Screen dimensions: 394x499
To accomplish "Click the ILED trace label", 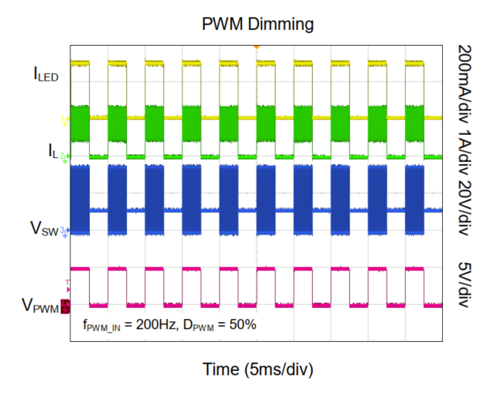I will click(x=45, y=75).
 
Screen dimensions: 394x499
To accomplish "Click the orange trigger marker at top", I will click(x=256, y=48).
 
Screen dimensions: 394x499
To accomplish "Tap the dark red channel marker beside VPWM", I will click(x=66, y=305).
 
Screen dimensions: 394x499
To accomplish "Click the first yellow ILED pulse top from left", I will click(x=80, y=63).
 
